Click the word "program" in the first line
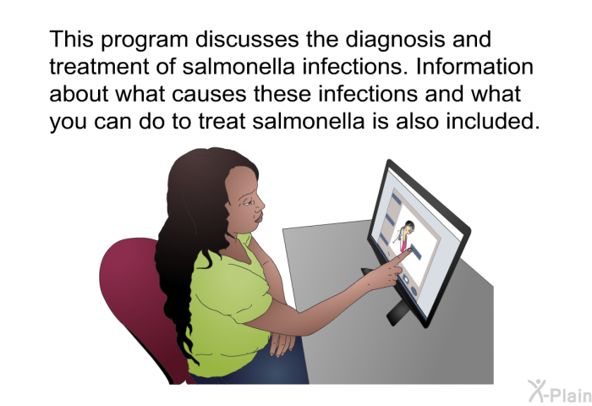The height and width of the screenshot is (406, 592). (x=145, y=40)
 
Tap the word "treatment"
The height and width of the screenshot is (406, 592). (x=99, y=67)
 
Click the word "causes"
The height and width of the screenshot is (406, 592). (x=209, y=94)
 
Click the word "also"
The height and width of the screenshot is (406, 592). (x=417, y=121)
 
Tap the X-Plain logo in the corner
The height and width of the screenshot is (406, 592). (x=560, y=391)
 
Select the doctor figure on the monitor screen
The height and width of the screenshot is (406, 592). (x=403, y=235)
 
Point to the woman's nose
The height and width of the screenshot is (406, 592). (x=260, y=205)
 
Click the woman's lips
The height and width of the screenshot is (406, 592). (x=258, y=218)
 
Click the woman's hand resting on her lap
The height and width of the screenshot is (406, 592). (x=282, y=343)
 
